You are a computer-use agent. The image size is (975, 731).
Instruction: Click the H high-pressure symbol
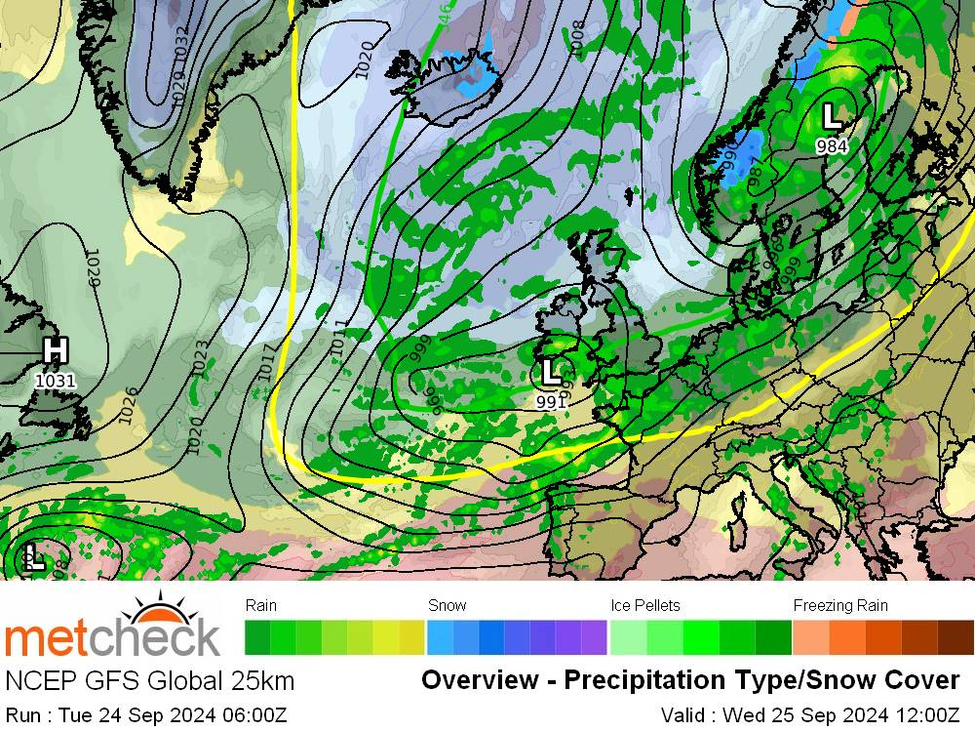56,350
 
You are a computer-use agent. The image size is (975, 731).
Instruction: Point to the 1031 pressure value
55,381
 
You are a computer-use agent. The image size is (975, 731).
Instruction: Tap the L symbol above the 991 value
551,372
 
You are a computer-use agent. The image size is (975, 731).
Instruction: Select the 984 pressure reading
832,146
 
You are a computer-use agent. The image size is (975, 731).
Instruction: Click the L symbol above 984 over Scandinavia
832,117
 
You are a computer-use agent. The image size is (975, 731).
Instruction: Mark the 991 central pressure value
551,401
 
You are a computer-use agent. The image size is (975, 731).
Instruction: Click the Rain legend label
261,605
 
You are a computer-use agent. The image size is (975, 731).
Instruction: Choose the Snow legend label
448,605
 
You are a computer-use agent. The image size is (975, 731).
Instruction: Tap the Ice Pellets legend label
644,605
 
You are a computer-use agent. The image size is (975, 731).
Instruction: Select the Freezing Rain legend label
840,605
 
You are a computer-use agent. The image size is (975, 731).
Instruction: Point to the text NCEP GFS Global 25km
149,680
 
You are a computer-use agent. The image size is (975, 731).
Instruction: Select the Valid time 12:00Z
924,715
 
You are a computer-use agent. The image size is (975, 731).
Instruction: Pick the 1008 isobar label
577,38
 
